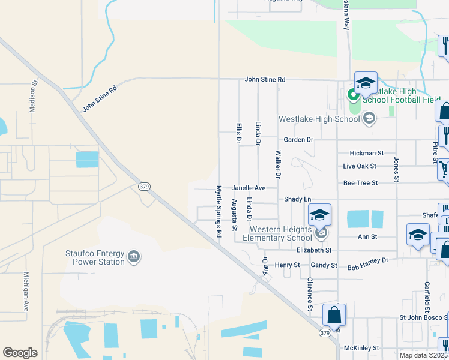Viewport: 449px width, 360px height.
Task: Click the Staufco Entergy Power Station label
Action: click(x=95, y=257)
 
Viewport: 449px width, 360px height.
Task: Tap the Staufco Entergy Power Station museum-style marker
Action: click(x=134, y=257)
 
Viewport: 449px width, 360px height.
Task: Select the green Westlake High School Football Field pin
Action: click(x=352, y=94)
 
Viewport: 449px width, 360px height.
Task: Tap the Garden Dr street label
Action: click(x=298, y=140)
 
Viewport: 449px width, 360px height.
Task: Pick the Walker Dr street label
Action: click(x=278, y=164)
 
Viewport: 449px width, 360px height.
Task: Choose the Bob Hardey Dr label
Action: click(x=368, y=262)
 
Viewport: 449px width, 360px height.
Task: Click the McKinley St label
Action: click(x=361, y=347)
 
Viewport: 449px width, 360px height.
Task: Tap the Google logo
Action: click(x=20, y=353)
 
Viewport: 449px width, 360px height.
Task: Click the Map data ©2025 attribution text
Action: click(x=424, y=355)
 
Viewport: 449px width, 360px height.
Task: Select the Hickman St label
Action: click(x=366, y=154)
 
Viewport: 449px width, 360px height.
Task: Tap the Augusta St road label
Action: click(x=235, y=215)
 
